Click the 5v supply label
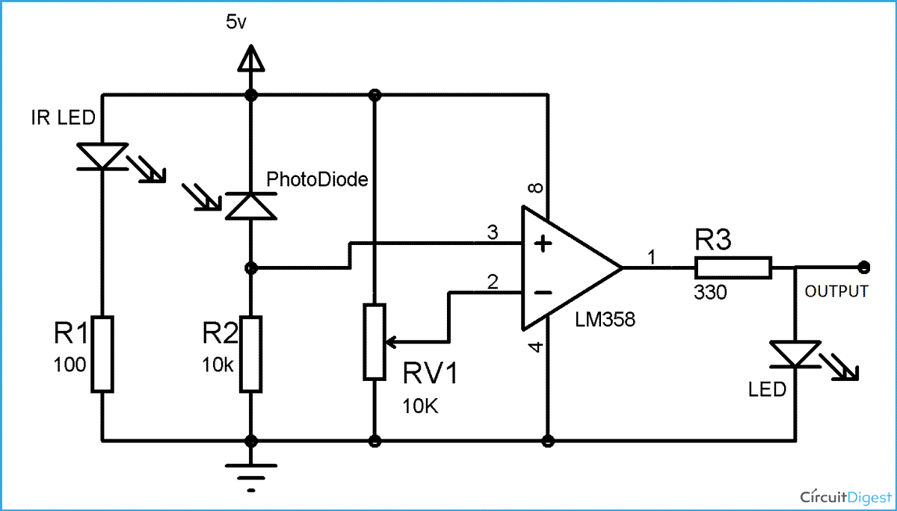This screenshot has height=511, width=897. [x=235, y=22]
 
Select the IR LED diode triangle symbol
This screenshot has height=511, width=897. [x=102, y=155]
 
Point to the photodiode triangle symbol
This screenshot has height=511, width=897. [x=250, y=205]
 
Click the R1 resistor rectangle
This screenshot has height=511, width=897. [x=102, y=353]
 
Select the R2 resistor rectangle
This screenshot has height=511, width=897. [x=250, y=353]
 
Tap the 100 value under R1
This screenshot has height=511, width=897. [x=70, y=365]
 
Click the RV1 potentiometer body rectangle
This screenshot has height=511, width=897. [x=374, y=341]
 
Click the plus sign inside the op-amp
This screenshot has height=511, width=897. [x=543, y=244]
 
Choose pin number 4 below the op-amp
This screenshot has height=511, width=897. [x=536, y=347]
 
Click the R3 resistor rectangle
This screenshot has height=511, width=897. [x=733, y=267]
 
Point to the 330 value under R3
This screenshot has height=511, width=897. [x=710, y=293]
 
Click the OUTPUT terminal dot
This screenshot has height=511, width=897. [x=865, y=266]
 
